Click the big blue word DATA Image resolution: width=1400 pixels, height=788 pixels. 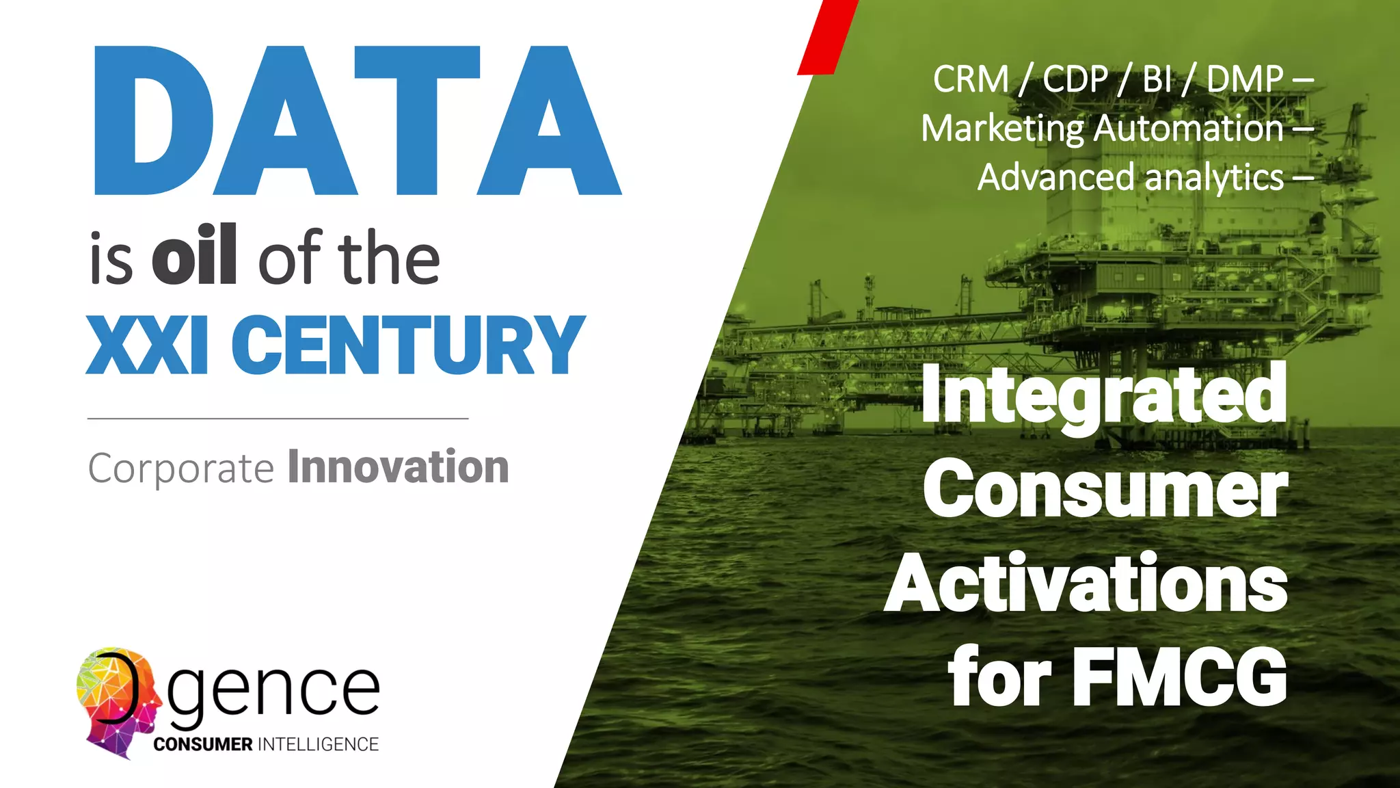coord(355,121)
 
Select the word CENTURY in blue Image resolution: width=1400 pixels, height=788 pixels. coord(407,345)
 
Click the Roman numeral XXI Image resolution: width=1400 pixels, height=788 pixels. coord(146,345)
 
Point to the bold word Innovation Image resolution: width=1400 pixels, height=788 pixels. coord(398,467)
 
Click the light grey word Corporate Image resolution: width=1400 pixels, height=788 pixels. coord(181,469)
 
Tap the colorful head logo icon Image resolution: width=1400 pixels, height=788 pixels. coord(116,701)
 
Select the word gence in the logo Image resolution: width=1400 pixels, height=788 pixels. coord(273,691)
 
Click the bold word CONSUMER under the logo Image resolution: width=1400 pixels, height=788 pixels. coord(203,744)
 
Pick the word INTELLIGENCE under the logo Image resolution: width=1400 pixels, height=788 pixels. coord(319,744)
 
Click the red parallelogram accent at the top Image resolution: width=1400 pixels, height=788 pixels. coord(827,38)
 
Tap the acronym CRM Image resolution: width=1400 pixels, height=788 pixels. coord(971,79)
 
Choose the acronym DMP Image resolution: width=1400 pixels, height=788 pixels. coord(1244,79)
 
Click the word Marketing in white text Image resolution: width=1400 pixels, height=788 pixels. coord(1002,129)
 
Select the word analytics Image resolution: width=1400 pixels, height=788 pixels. coord(1214,178)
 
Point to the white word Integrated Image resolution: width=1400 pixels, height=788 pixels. coord(1103,395)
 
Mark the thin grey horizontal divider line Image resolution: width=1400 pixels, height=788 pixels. coord(278,418)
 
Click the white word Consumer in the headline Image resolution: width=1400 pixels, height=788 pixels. coord(1105,490)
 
